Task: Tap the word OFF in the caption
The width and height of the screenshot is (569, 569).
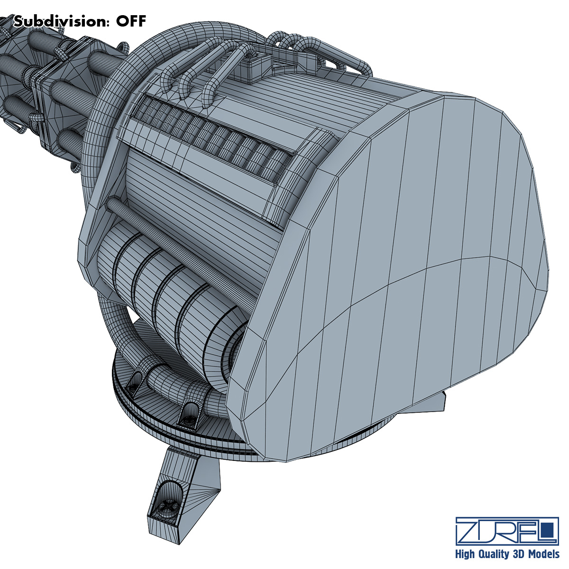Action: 131,21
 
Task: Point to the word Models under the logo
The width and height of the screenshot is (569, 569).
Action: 543,554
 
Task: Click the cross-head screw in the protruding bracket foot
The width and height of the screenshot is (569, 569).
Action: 169,507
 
